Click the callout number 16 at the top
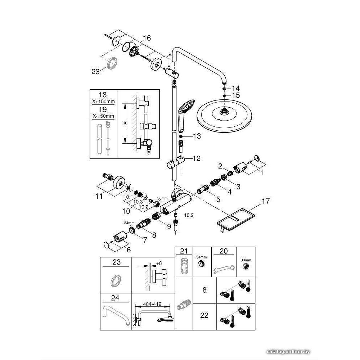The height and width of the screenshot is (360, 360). (147, 38)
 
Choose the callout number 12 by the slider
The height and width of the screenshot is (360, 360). (196, 158)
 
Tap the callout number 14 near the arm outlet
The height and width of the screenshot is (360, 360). (235, 88)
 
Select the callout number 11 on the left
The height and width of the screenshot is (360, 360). (99, 196)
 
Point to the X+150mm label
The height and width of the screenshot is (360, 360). (103, 102)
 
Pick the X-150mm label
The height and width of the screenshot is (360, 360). (103, 116)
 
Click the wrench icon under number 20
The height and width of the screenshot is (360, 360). (224, 268)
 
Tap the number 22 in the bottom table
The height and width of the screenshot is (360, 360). (204, 316)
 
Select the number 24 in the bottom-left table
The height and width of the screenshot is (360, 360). (116, 298)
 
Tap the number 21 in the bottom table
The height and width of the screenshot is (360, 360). (184, 251)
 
